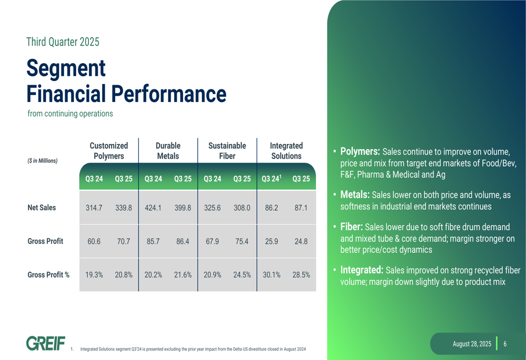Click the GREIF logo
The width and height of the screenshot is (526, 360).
tap(46, 343)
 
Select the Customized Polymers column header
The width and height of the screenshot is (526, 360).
tap(109, 151)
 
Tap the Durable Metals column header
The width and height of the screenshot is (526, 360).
tap(168, 151)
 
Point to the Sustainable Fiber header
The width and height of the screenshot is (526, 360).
tap(227, 151)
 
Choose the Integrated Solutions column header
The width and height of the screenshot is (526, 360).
tap(287, 151)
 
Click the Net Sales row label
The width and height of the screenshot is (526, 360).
tap(42, 208)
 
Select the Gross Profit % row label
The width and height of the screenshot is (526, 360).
tap(48, 275)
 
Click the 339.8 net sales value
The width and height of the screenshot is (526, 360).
tap(124, 208)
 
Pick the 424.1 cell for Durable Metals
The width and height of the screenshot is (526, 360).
tap(153, 208)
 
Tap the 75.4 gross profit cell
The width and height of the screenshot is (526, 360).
tap(242, 241)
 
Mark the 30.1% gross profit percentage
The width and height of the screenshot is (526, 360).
tap(271, 275)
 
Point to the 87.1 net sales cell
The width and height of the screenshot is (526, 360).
tap(301, 208)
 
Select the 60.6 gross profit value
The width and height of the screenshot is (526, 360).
tap(94, 241)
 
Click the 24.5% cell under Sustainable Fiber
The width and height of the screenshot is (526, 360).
tap(242, 275)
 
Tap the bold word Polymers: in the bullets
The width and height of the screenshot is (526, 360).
tap(360, 151)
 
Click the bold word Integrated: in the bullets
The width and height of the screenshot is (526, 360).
tap(362, 270)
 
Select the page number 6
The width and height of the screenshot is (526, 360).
tap(505, 344)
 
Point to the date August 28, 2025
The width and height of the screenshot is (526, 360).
tap(472, 344)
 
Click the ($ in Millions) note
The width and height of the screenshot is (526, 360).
tap(42, 161)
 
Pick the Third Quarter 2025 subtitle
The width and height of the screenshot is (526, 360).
tap(63, 42)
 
